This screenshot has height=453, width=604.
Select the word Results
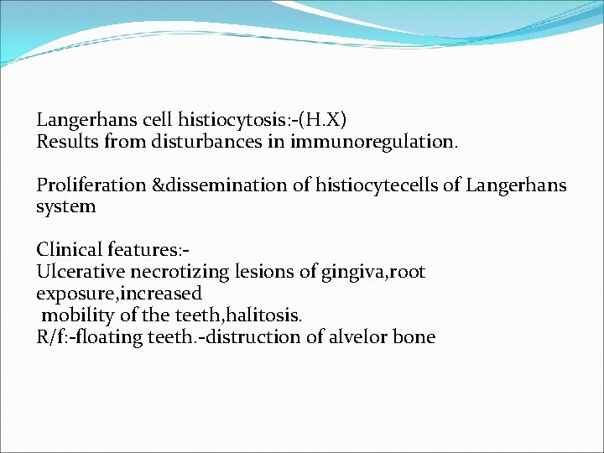(x=67, y=141)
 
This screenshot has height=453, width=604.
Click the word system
(x=66, y=206)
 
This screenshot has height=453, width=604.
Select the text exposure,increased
(x=119, y=294)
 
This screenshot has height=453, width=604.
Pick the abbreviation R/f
(x=52, y=337)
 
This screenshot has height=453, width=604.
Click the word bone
(x=415, y=337)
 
